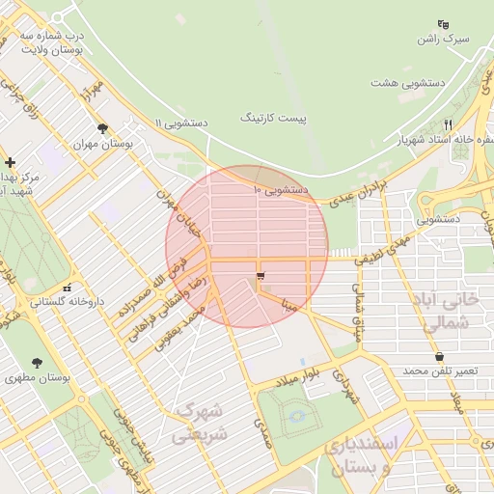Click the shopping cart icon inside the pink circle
coord(261,278)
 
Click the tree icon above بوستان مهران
coord(102,127)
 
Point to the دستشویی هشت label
coord(407,82)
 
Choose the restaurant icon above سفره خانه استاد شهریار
coord(448,124)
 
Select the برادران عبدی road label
coord(358,193)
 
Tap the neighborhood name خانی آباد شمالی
coord(453,312)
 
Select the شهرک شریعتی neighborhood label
coord(201,421)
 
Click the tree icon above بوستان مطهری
coord(37,364)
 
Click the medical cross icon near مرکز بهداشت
coord(10,163)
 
